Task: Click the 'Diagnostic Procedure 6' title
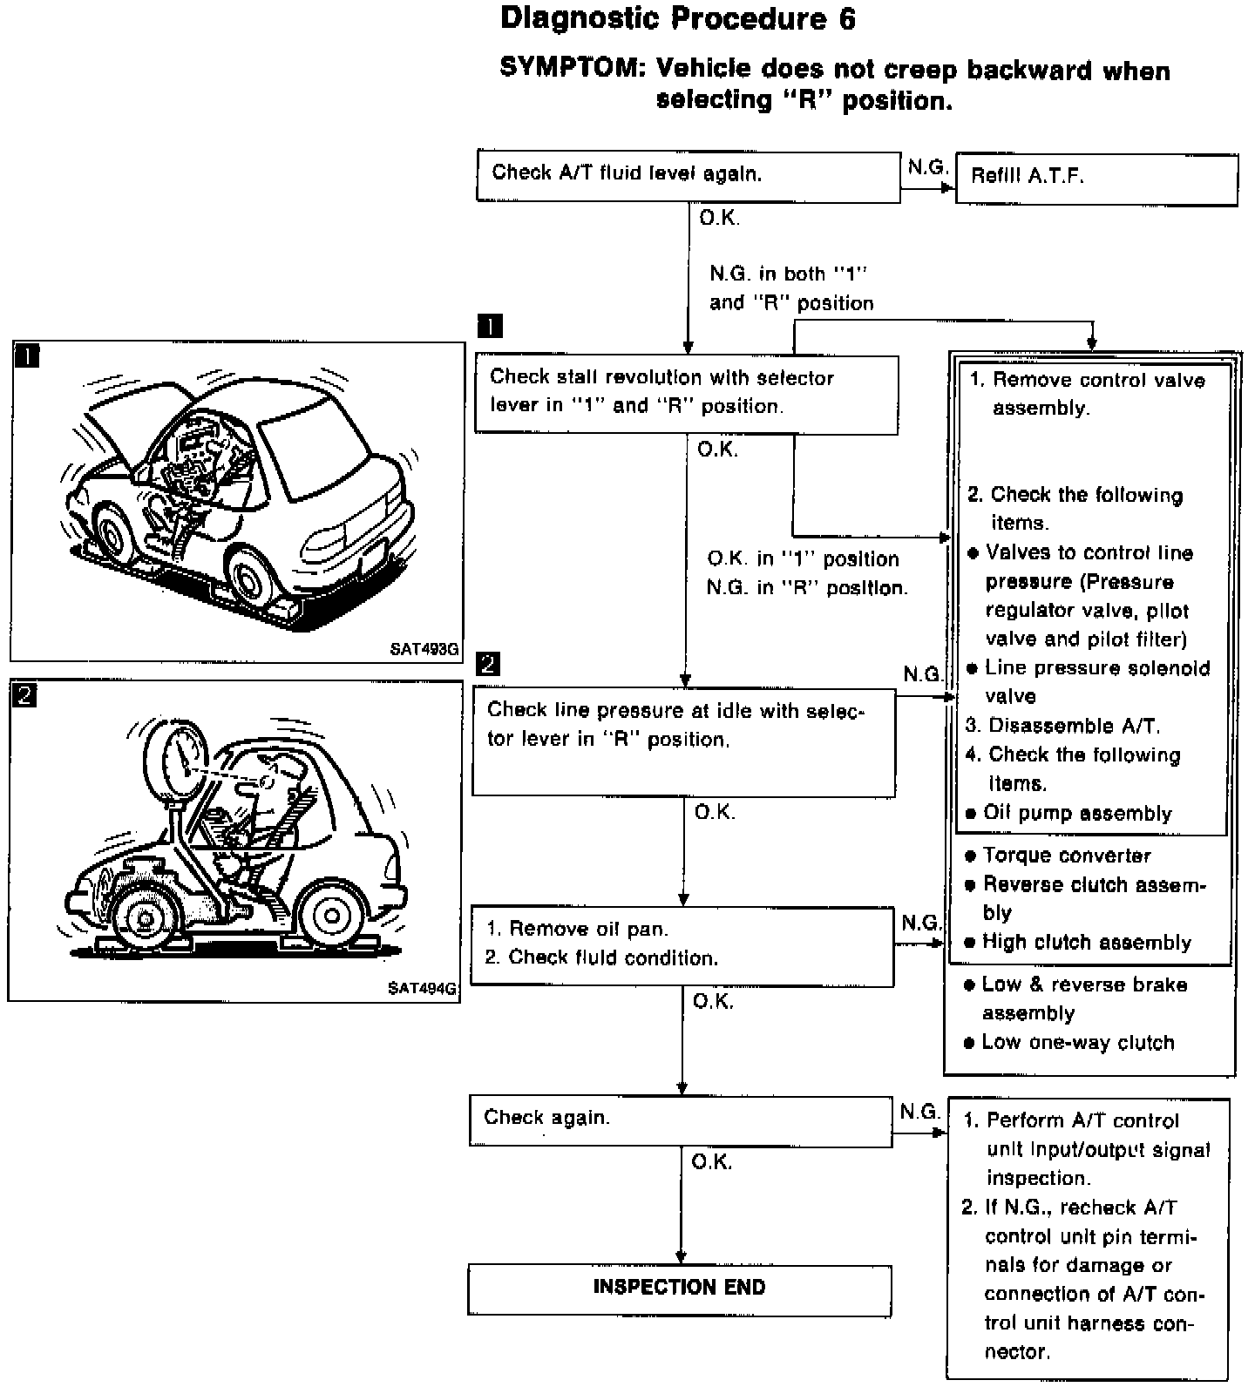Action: (x=677, y=19)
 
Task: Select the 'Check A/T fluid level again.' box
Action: (x=688, y=175)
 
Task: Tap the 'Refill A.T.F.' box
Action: (x=1096, y=179)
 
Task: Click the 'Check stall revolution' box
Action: (x=686, y=393)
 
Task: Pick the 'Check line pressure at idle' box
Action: (x=683, y=741)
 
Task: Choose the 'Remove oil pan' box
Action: (x=682, y=945)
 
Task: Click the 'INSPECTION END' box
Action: (x=679, y=1289)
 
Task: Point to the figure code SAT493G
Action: (x=424, y=649)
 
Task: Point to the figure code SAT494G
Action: (x=422, y=988)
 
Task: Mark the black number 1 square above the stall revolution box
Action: (x=490, y=327)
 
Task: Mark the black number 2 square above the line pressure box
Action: (x=488, y=665)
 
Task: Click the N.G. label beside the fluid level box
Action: (x=926, y=166)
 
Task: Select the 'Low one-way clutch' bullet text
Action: (x=1077, y=1043)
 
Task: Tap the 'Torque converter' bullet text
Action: (x=1066, y=856)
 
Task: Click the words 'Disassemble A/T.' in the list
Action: (x=1074, y=726)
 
